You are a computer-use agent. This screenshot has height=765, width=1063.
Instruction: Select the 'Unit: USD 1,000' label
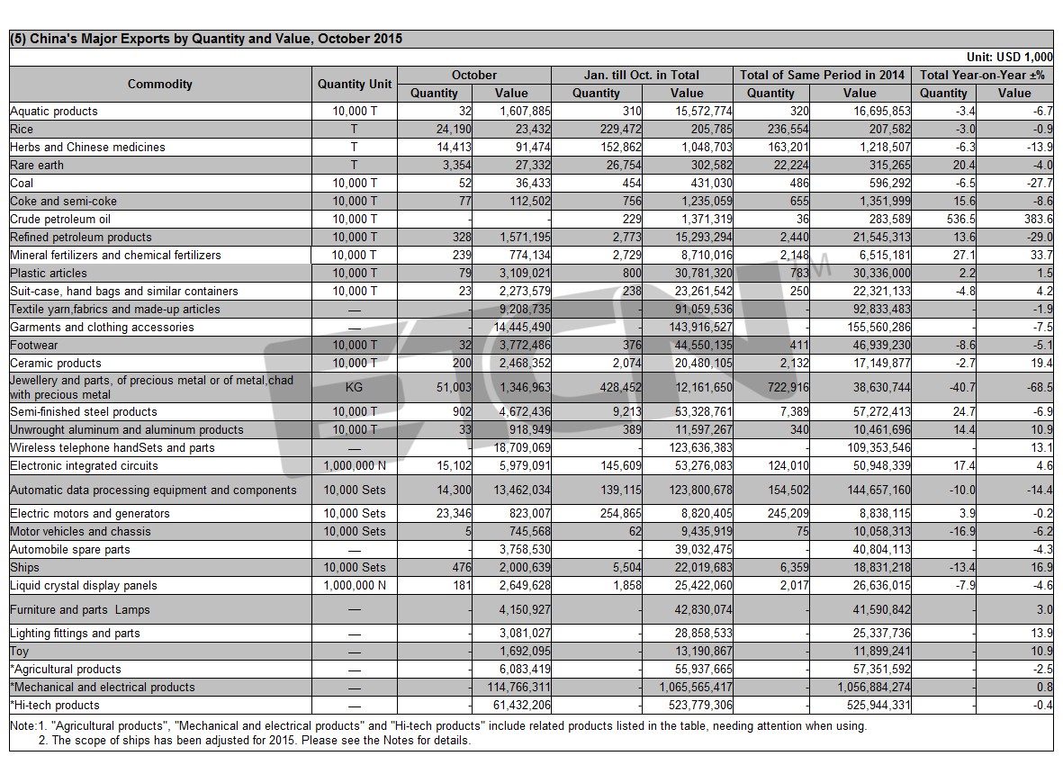tap(1009, 58)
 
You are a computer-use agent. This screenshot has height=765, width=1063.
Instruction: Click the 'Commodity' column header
tap(160, 84)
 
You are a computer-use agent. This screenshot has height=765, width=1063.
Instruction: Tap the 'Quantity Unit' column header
tap(355, 84)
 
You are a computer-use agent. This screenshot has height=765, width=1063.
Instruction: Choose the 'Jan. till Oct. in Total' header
tap(642, 76)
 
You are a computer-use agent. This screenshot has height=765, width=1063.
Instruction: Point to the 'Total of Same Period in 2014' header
tap(822, 76)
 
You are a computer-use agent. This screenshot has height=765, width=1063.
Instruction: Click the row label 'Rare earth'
tap(37, 166)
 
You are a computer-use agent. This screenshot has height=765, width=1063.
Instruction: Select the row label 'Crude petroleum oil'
tap(60, 220)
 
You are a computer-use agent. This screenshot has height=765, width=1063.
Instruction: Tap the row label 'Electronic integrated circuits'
tap(84, 466)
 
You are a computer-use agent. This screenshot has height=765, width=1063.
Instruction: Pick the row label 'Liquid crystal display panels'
tap(84, 585)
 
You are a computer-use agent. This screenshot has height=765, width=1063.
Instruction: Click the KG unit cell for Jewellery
tap(354, 388)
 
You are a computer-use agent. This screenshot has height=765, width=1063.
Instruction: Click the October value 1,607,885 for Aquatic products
tap(525, 111)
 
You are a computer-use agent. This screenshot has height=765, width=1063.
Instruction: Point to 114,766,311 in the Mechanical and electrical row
tap(518, 687)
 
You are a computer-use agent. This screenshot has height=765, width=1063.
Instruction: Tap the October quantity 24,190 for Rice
tap(454, 130)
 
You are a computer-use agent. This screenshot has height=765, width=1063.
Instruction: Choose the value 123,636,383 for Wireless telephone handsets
tap(701, 448)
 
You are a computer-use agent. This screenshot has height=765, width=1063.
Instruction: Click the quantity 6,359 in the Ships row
tap(794, 568)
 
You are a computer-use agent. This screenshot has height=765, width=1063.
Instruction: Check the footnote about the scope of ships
tap(254, 741)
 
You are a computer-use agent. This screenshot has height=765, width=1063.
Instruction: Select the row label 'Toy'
tap(19, 652)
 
